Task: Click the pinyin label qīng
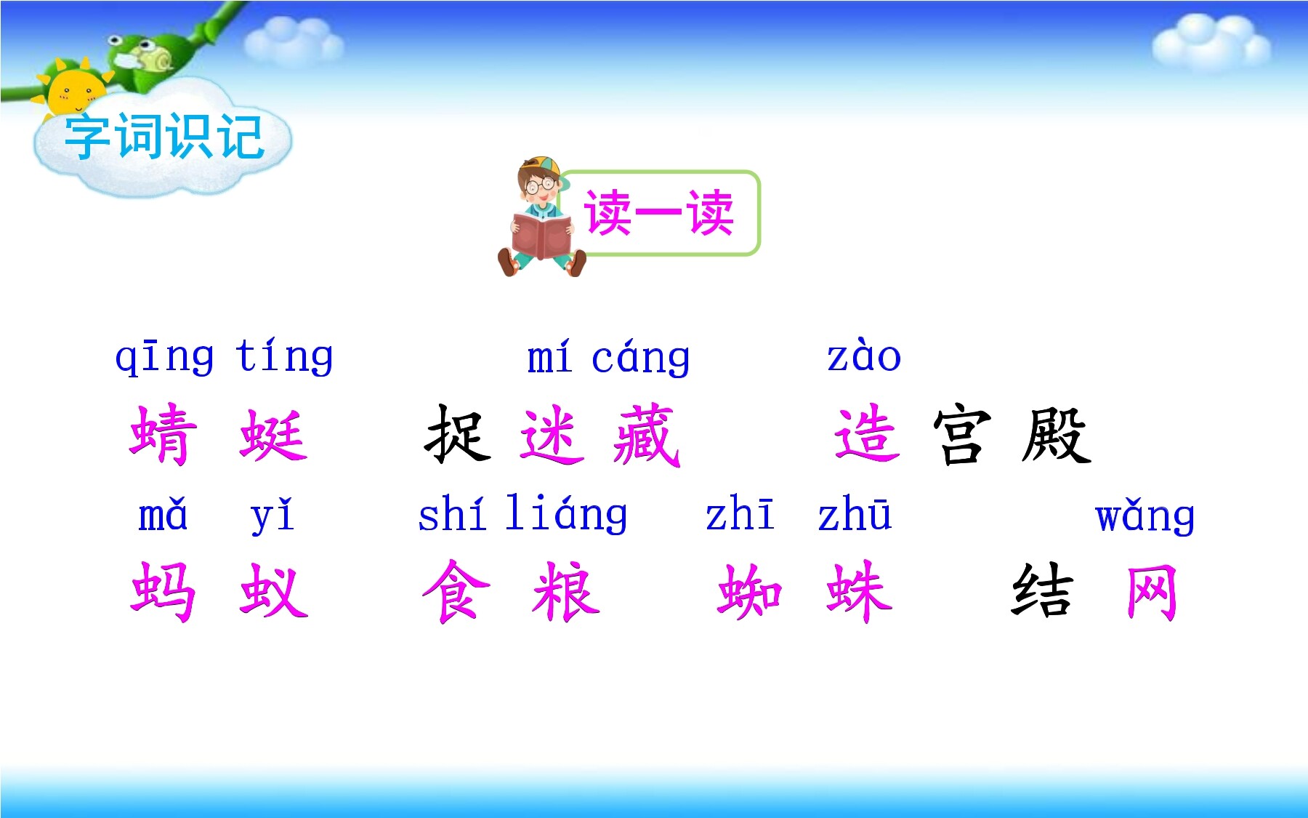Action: click(x=165, y=357)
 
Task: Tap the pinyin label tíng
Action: click(x=285, y=356)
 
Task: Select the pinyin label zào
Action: click(x=864, y=356)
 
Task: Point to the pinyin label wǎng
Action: click(x=1145, y=516)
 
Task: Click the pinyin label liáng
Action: click(x=567, y=514)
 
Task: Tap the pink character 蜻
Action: click(x=163, y=434)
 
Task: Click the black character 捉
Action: click(x=458, y=434)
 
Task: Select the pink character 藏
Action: click(x=647, y=435)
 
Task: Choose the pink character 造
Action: click(x=867, y=434)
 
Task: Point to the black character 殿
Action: click(x=1057, y=435)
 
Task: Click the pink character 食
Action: click(x=456, y=591)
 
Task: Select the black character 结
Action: click(x=1043, y=591)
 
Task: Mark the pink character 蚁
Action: click(x=274, y=590)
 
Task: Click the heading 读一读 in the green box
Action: click(x=659, y=213)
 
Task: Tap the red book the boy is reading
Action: click(x=541, y=235)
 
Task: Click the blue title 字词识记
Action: click(x=163, y=137)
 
